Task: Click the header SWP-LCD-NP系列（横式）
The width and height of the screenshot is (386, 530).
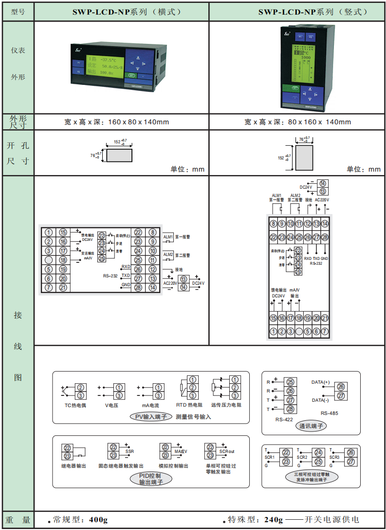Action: click(x=122, y=12)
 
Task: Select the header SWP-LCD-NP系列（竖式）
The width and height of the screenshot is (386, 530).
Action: click(x=297, y=12)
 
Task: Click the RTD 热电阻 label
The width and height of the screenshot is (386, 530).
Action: click(x=190, y=405)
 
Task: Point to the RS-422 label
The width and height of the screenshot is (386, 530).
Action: click(x=284, y=419)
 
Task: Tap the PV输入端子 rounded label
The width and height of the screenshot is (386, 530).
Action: click(x=150, y=417)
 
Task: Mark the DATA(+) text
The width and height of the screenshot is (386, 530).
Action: click(x=320, y=382)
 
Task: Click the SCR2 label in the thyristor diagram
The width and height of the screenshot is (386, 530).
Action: click(x=302, y=457)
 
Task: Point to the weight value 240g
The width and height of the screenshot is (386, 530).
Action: click(x=273, y=520)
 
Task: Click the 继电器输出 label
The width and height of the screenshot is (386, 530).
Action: click(x=74, y=466)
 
